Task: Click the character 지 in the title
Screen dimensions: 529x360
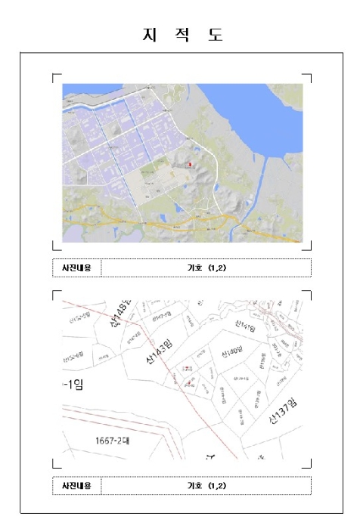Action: (146, 35)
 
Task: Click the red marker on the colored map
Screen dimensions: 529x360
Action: (191, 163)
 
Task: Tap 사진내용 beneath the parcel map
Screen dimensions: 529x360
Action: (76, 485)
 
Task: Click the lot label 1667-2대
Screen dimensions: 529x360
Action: (113, 440)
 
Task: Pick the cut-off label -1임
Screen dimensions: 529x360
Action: (73, 384)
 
